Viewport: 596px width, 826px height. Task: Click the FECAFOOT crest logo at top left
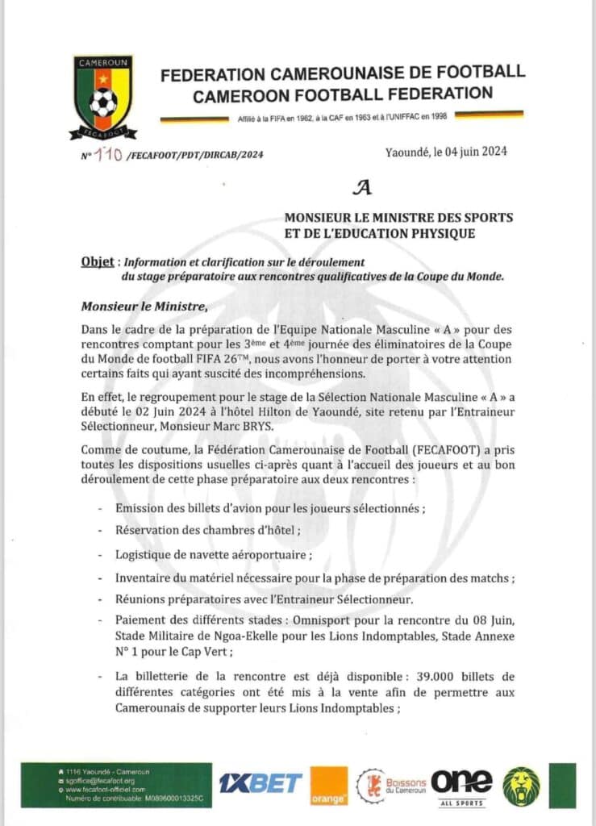point(102,97)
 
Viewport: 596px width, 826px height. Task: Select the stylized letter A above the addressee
point(365,188)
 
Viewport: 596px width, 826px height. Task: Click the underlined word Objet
point(97,263)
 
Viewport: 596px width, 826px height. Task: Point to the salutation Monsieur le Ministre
point(144,307)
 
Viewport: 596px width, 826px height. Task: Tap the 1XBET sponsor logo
point(260,782)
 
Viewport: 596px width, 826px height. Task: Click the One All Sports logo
point(461,785)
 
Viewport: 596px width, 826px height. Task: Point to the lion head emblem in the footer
point(521,786)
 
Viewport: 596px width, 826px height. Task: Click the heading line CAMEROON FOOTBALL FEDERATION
point(342,94)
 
